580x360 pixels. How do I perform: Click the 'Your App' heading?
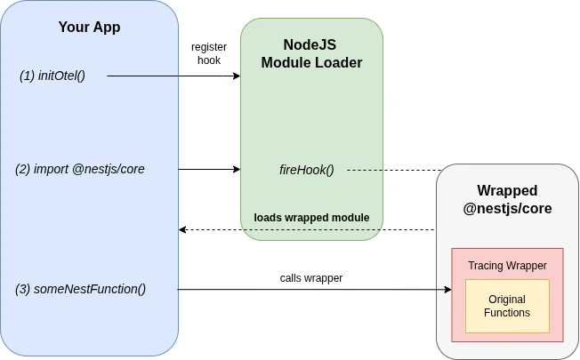89,27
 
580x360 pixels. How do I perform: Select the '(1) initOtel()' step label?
52,76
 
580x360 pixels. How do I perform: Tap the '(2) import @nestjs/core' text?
80,168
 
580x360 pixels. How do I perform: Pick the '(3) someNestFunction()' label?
81,289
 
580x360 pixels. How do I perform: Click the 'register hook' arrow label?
209,53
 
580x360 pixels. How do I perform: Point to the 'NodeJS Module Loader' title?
311,53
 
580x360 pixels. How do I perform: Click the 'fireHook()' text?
307,169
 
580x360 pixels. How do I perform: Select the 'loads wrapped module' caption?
311,218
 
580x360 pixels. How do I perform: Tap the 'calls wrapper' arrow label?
311,277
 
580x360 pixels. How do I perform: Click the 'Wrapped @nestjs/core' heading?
507,200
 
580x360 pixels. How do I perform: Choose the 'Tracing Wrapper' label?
507,265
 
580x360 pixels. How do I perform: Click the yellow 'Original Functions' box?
507,307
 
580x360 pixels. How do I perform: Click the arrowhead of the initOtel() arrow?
237,76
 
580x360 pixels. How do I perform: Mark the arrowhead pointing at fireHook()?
237,169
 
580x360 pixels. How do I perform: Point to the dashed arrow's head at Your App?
182,230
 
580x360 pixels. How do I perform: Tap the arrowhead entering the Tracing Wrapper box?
447,290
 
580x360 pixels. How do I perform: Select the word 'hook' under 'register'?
209,60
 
